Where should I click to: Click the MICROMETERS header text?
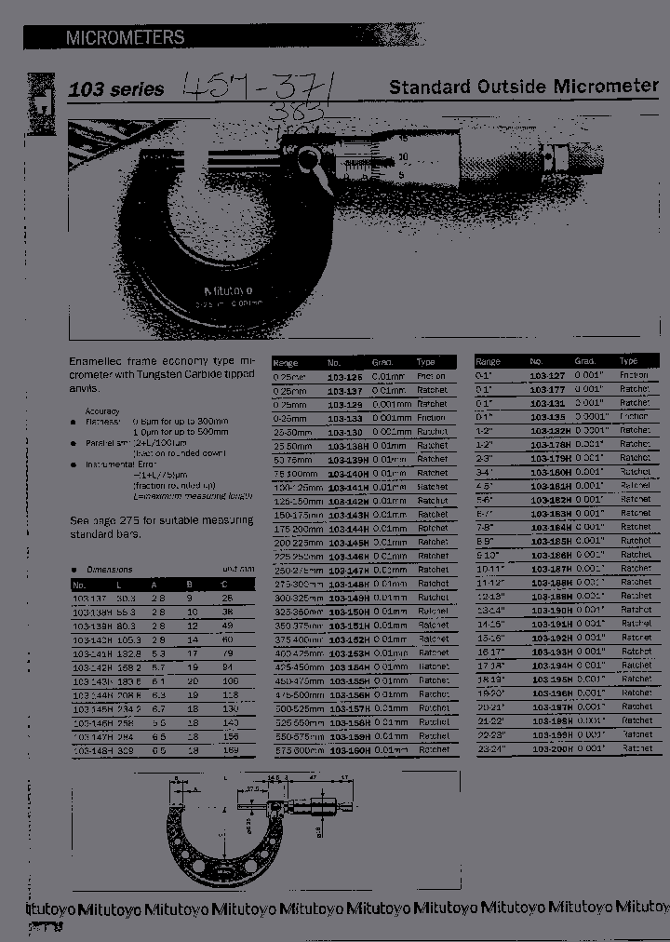(x=125, y=38)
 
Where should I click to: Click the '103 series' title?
(x=116, y=90)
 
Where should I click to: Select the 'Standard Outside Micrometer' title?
(x=524, y=87)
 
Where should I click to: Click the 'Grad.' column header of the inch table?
(x=584, y=361)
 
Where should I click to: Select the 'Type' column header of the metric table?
(x=426, y=362)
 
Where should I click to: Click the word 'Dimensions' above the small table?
(x=110, y=570)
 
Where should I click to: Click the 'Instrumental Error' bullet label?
(x=116, y=464)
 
